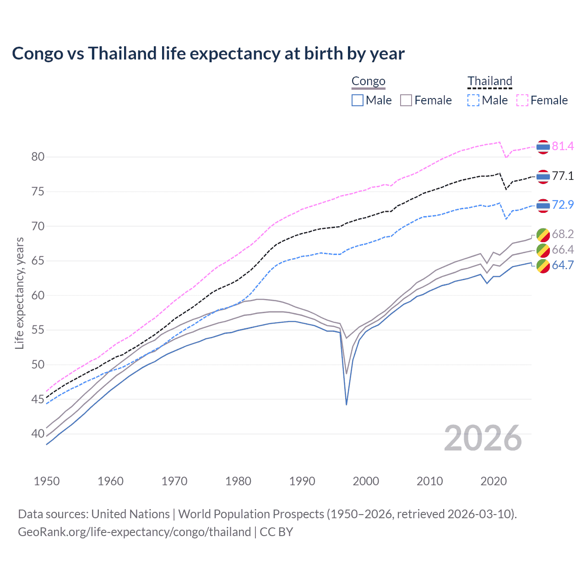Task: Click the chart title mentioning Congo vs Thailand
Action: (x=208, y=54)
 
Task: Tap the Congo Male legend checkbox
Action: (x=358, y=100)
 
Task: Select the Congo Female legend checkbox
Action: (x=406, y=100)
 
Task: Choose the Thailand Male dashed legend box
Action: (x=473, y=100)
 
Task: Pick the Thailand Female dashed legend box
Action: (x=522, y=100)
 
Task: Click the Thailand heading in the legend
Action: (x=489, y=81)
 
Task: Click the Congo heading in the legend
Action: (x=368, y=81)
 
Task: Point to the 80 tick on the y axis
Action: (x=38, y=157)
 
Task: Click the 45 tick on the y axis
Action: (x=38, y=399)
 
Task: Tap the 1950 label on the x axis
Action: (x=47, y=481)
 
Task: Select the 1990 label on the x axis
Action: (x=302, y=481)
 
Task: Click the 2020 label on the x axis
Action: (x=494, y=481)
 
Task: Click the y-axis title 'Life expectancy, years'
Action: (x=19, y=293)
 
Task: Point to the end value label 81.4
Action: (x=563, y=146)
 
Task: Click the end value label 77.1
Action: (x=563, y=176)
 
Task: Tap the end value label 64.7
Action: (x=563, y=265)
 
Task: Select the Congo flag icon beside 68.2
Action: (x=543, y=234)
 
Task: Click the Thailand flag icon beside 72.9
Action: (x=543, y=206)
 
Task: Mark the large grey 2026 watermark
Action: (x=483, y=438)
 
